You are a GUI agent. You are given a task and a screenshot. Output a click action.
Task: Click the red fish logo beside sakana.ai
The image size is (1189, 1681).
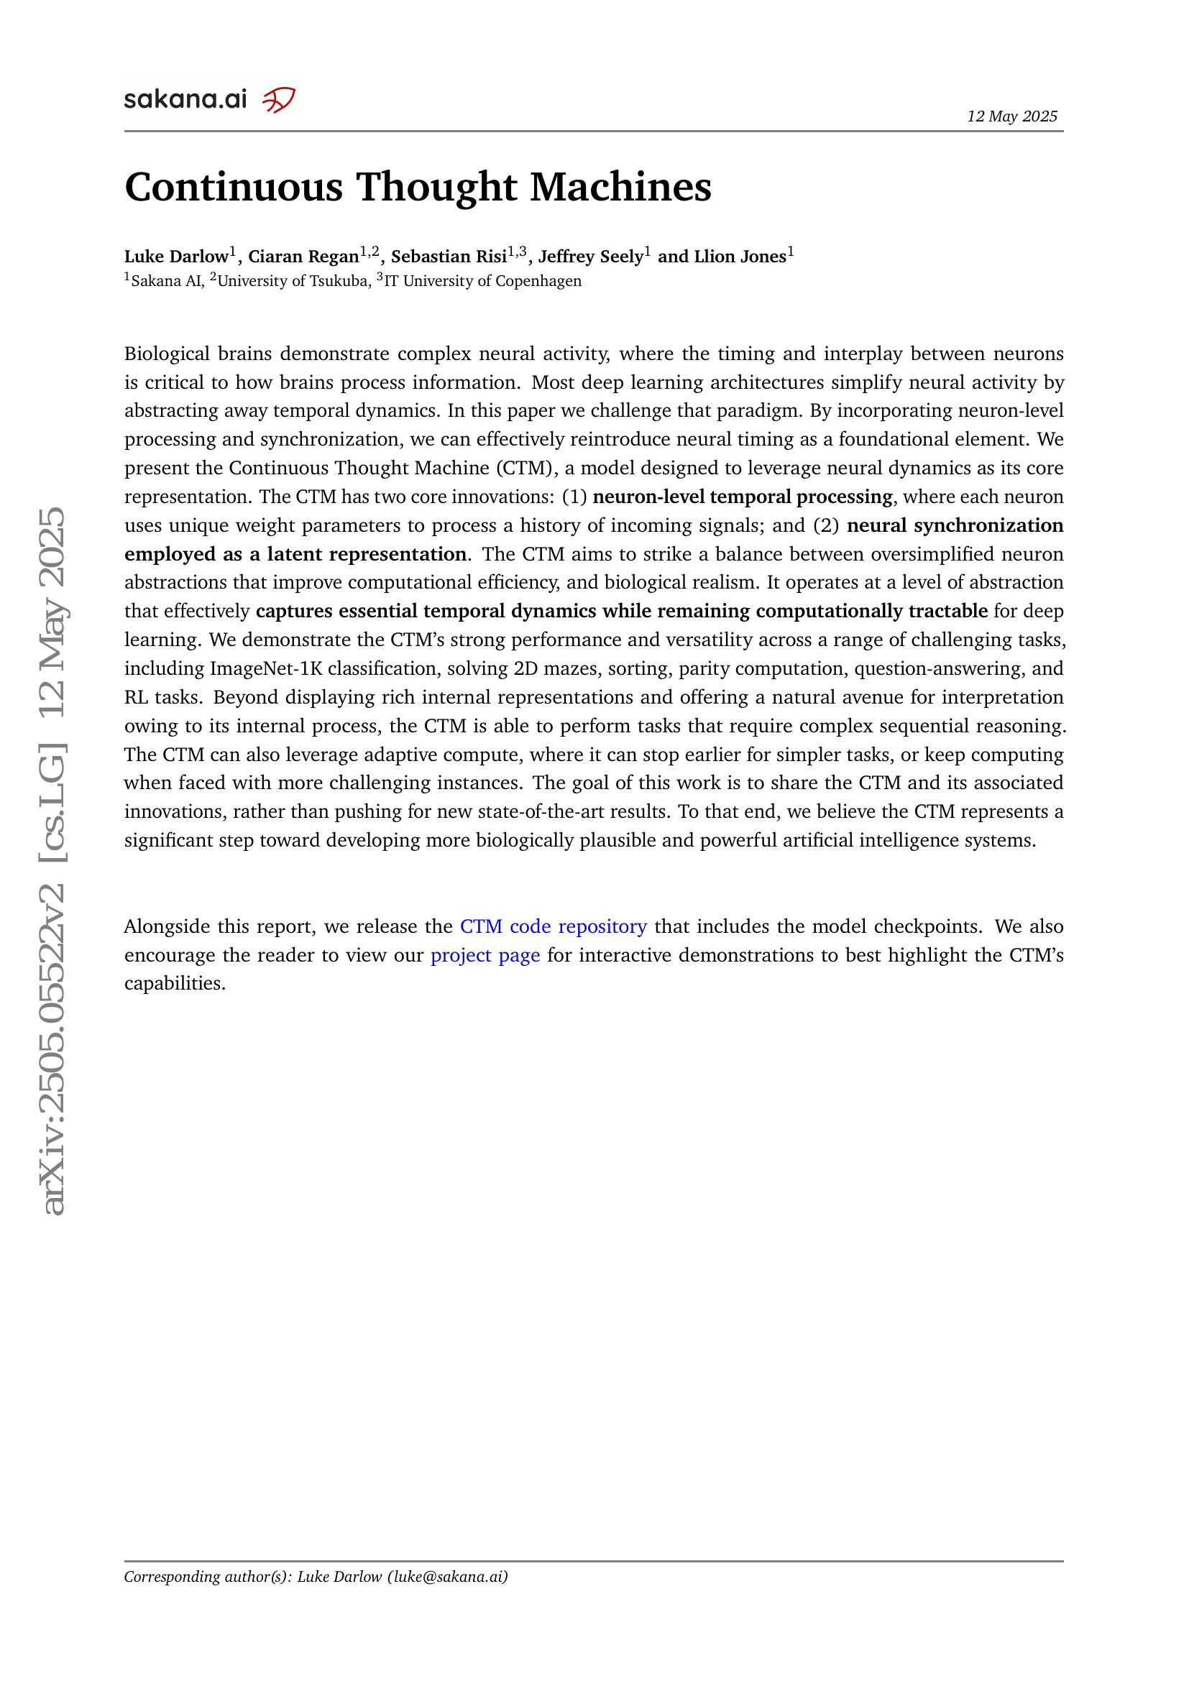(x=279, y=99)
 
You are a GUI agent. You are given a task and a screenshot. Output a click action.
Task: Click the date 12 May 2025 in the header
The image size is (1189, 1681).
(x=1012, y=116)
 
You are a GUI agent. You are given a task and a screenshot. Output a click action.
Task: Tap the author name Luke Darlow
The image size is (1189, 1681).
(x=176, y=257)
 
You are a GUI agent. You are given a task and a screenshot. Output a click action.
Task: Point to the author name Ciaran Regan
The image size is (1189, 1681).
(x=303, y=257)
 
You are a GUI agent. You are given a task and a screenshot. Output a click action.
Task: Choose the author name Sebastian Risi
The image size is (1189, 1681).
(x=448, y=257)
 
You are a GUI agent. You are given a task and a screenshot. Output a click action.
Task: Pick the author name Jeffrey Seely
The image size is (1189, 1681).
(x=590, y=257)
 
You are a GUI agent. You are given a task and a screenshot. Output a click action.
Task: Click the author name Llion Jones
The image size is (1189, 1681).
(x=740, y=257)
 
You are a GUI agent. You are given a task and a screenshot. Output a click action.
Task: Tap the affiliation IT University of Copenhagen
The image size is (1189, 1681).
(x=482, y=281)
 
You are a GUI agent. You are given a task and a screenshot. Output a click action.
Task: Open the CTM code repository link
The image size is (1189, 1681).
(x=553, y=927)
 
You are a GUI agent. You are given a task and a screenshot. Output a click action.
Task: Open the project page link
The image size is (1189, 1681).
(x=485, y=955)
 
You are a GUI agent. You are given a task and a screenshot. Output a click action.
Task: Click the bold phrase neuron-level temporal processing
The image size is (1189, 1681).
(x=743, y=497)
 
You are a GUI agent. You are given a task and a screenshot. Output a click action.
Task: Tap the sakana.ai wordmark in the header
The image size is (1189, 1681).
(x=185, y=100)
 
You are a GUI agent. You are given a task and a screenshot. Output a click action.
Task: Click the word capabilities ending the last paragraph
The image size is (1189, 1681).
(x=174, y=984)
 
